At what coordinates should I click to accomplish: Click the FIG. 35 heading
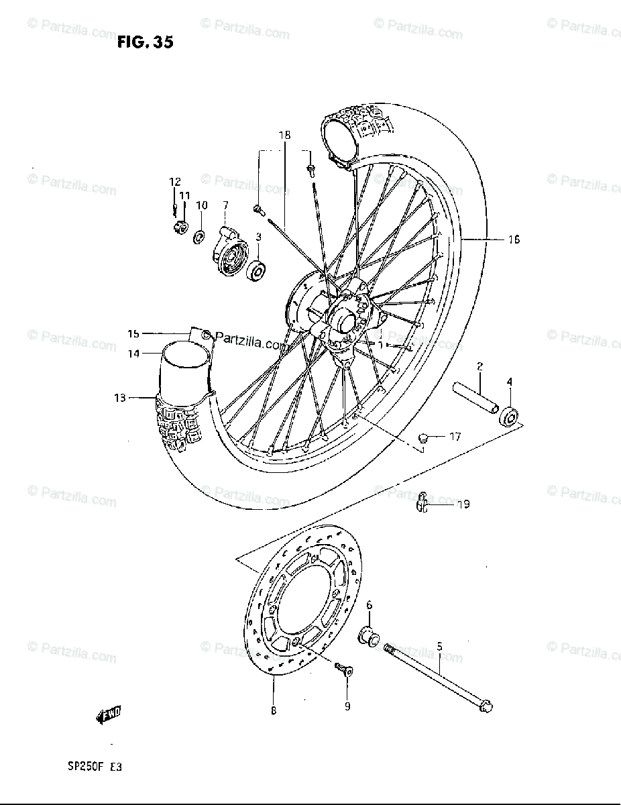pos(146,43)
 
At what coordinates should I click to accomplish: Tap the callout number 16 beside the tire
pos(514,239)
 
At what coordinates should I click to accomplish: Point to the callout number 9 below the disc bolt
pos(347,706)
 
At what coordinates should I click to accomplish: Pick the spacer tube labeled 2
pos(475,398)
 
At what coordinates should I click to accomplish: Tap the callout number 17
pos(455,437)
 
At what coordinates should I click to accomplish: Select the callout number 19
pos(463,504)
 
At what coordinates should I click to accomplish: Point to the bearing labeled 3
pos(257,270)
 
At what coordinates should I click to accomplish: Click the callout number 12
pos(175,182)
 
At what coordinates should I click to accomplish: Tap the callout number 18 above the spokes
pos(286,135)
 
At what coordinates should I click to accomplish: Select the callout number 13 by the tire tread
pos(120,398)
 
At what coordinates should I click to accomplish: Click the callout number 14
pos(135,354)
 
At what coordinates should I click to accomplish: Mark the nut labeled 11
pos(180,228)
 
